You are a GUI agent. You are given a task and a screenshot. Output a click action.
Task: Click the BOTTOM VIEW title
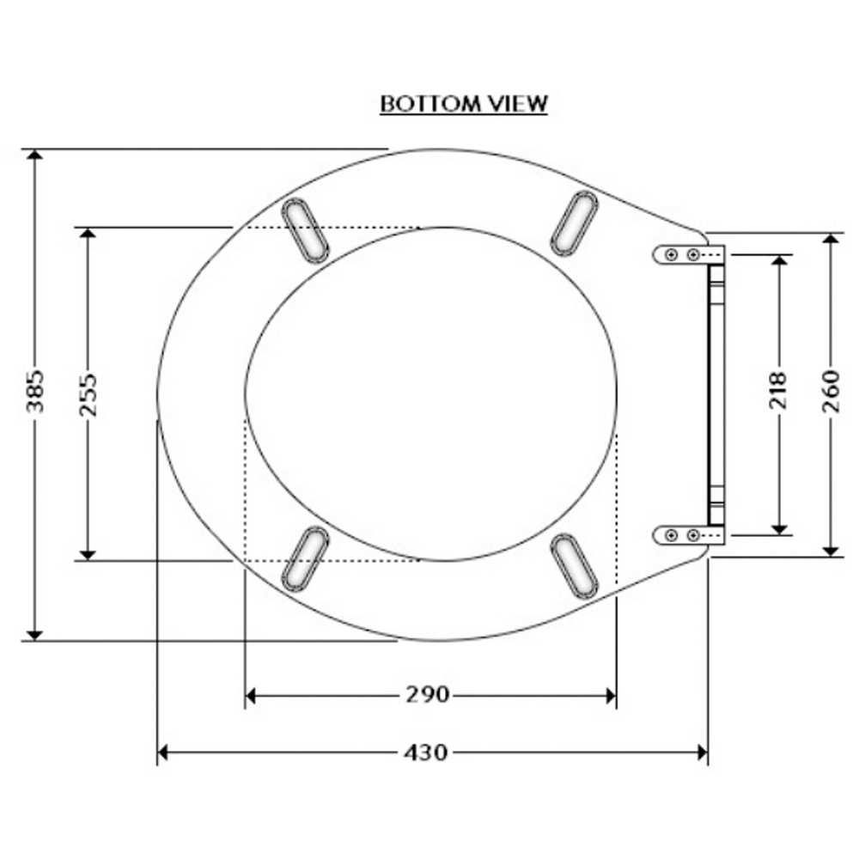(464, 104)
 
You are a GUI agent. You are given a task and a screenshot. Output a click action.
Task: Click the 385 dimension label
(35, 393)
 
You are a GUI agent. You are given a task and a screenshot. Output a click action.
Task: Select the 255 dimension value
(88, 394)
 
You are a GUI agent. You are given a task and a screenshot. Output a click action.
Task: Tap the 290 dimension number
(427, 694)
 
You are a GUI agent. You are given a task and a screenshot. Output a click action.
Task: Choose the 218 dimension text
(778, 391)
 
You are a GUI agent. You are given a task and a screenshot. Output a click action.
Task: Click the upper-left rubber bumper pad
(305, 228)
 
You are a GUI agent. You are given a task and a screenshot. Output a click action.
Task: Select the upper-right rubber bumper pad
(574, 222)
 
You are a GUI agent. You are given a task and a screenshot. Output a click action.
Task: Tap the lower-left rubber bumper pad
(305, 558)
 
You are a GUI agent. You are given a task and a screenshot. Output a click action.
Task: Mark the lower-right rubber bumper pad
(574, 564)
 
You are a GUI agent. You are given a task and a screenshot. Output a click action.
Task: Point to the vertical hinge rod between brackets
(716, 394)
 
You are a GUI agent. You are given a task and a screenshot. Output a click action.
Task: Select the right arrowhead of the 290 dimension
(610, 694)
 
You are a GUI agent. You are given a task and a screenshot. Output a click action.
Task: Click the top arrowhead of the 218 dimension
(778, 260)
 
